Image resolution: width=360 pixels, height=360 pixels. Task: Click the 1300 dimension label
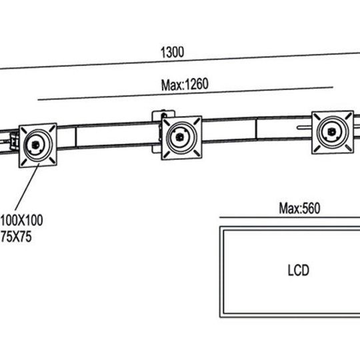[172, 53]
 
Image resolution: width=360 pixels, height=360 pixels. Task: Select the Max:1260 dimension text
[185, 85]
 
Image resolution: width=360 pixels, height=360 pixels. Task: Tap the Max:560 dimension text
[299, 209]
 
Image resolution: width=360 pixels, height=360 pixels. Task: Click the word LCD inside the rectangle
[298, 270]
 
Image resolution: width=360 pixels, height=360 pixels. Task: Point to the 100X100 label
[21, 221]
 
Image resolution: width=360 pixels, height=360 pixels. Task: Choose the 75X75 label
[16, 237]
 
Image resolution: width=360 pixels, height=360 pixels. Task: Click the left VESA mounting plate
[38, 145]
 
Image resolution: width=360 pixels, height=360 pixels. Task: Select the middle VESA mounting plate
[181, 138]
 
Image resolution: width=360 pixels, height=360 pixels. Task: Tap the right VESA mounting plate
[333, 133]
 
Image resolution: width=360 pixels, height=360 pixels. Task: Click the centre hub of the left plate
[35, 145]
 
